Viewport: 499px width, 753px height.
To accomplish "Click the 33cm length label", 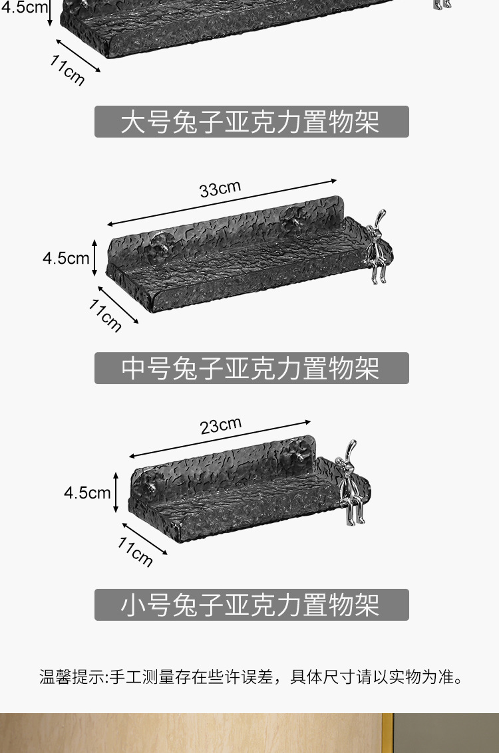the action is pos(220,189).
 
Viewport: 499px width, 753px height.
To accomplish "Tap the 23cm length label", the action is pos(221,425).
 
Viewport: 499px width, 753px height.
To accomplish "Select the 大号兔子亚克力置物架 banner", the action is pos(251,122).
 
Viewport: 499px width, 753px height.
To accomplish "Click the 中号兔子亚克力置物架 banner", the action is pos(251,368).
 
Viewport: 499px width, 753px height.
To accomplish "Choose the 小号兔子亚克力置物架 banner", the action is pos(251,605).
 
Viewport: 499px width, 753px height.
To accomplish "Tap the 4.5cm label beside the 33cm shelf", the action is pos(66,258).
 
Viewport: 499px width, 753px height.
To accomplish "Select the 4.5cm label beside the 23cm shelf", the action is pos(87,492).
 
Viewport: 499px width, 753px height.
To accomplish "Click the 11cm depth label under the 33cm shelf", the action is pos(106,315).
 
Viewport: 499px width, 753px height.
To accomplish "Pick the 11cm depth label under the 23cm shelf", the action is pos(135,552).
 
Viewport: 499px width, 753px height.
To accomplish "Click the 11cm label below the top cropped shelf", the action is pos(67,70).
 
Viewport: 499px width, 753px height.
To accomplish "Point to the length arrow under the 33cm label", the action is pos(222,203).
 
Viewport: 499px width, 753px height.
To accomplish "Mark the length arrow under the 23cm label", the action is pos(220,439).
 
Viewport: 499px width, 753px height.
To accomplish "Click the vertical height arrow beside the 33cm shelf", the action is pos(95,258).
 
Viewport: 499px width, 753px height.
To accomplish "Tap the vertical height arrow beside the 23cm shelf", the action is pos(116,492).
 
